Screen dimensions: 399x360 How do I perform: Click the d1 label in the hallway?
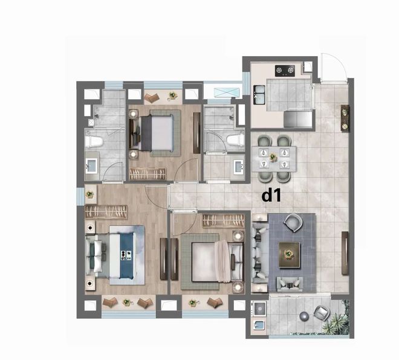point(271,196)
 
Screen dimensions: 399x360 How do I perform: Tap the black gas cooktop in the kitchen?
point(285,71)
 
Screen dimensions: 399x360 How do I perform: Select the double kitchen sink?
point(259,95)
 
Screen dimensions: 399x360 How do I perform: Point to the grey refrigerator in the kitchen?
point(298,119)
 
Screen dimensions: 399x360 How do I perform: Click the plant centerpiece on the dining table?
point(273,157)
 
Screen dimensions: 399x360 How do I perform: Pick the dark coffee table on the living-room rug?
point(289,254)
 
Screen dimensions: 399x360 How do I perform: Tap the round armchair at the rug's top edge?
point(293,223)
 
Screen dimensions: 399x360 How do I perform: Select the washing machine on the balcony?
point(259,309)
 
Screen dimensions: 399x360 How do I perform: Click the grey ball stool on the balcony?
point(304,317)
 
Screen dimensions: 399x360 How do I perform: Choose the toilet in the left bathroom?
point(94,142)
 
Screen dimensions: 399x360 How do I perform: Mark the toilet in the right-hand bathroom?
point(235,140)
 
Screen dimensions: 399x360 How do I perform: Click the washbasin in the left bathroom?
point(91,166)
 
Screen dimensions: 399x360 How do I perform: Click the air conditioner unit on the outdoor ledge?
point(227,92)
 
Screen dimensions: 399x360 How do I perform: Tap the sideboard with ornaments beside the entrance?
point(345,118)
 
